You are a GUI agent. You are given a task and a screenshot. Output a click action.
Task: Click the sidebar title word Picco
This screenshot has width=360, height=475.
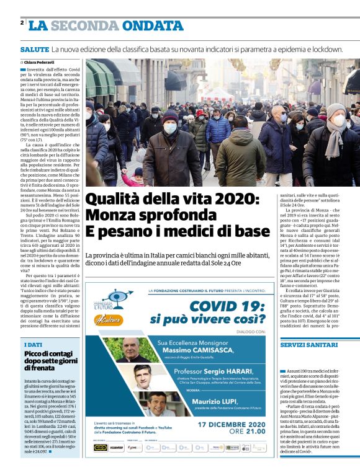pyautogui.click(x=35, y=354)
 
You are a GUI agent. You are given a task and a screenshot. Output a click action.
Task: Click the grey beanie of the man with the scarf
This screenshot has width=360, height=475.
pyautogui.click(x=336, y=110)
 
